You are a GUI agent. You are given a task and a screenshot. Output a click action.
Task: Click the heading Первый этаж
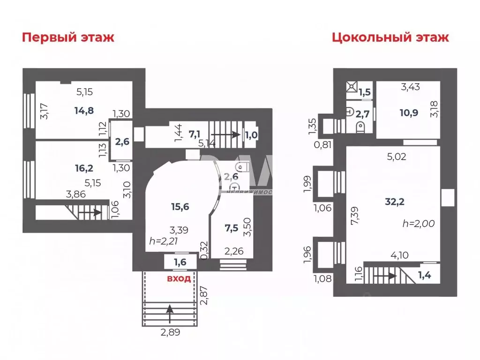(68, 37)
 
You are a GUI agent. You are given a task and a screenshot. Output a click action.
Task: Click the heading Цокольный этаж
(390, 37)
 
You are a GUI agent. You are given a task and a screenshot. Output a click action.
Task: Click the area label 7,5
(231, 228)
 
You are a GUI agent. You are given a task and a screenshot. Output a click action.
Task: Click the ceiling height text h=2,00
(419, 224)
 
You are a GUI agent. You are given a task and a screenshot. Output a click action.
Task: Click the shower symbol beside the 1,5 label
(351, 88)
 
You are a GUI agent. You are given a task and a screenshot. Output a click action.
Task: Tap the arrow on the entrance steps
(169, 312)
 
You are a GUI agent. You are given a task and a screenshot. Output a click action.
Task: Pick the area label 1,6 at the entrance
(180, 262)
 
